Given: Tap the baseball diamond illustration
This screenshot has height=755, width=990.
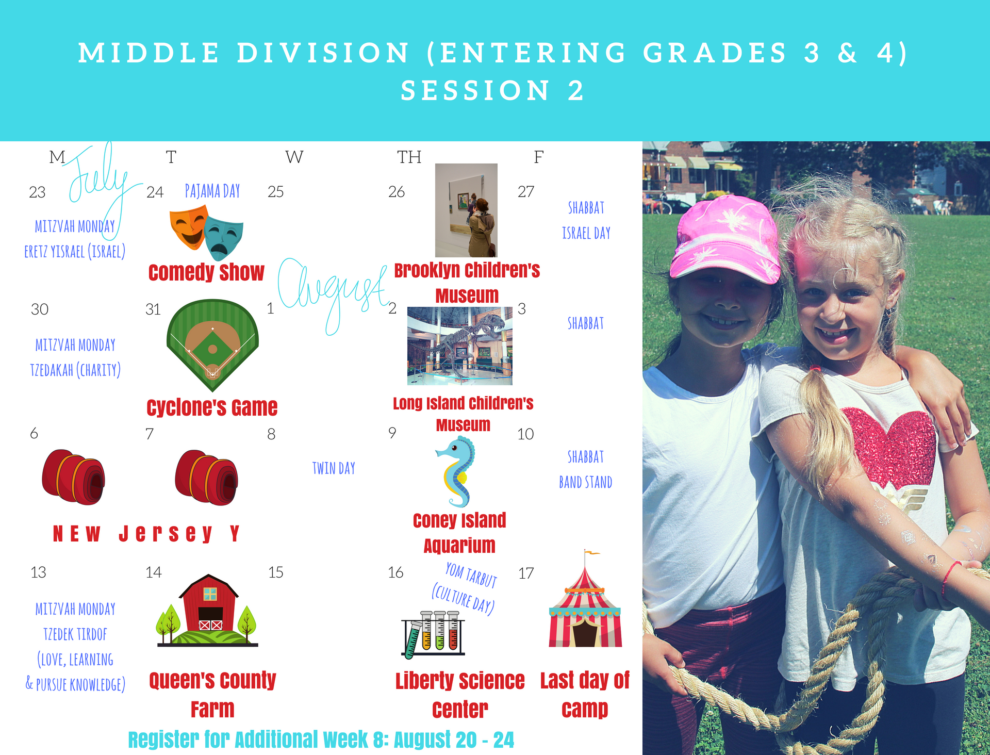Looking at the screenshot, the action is pos(212,344).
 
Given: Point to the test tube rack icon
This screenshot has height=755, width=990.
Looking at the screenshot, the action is pos(433,635).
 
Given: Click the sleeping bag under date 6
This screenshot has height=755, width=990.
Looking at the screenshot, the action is pos(73,477).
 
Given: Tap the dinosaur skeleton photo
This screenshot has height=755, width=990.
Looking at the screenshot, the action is pos(460,346).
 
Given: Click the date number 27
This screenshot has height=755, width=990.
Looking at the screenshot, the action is pos(526,192).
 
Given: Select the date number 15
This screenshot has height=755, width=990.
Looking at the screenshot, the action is pos(276,572).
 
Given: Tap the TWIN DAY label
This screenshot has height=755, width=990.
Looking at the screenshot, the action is pos(334,468).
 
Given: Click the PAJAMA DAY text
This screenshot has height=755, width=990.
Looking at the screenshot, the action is pos(212,191).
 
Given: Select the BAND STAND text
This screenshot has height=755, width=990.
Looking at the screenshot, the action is pos(586,482).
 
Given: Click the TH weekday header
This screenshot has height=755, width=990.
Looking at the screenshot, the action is pos(409,157).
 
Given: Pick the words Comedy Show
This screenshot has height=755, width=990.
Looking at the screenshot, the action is pos(206,273).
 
